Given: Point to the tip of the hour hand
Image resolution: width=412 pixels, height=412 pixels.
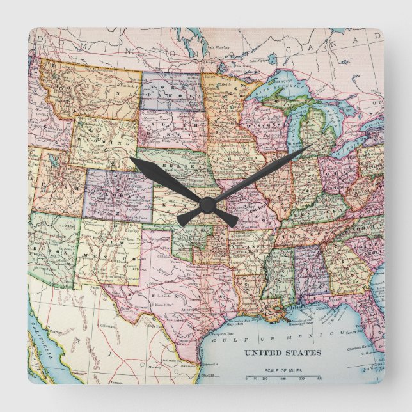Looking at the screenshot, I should tap(131, 159).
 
